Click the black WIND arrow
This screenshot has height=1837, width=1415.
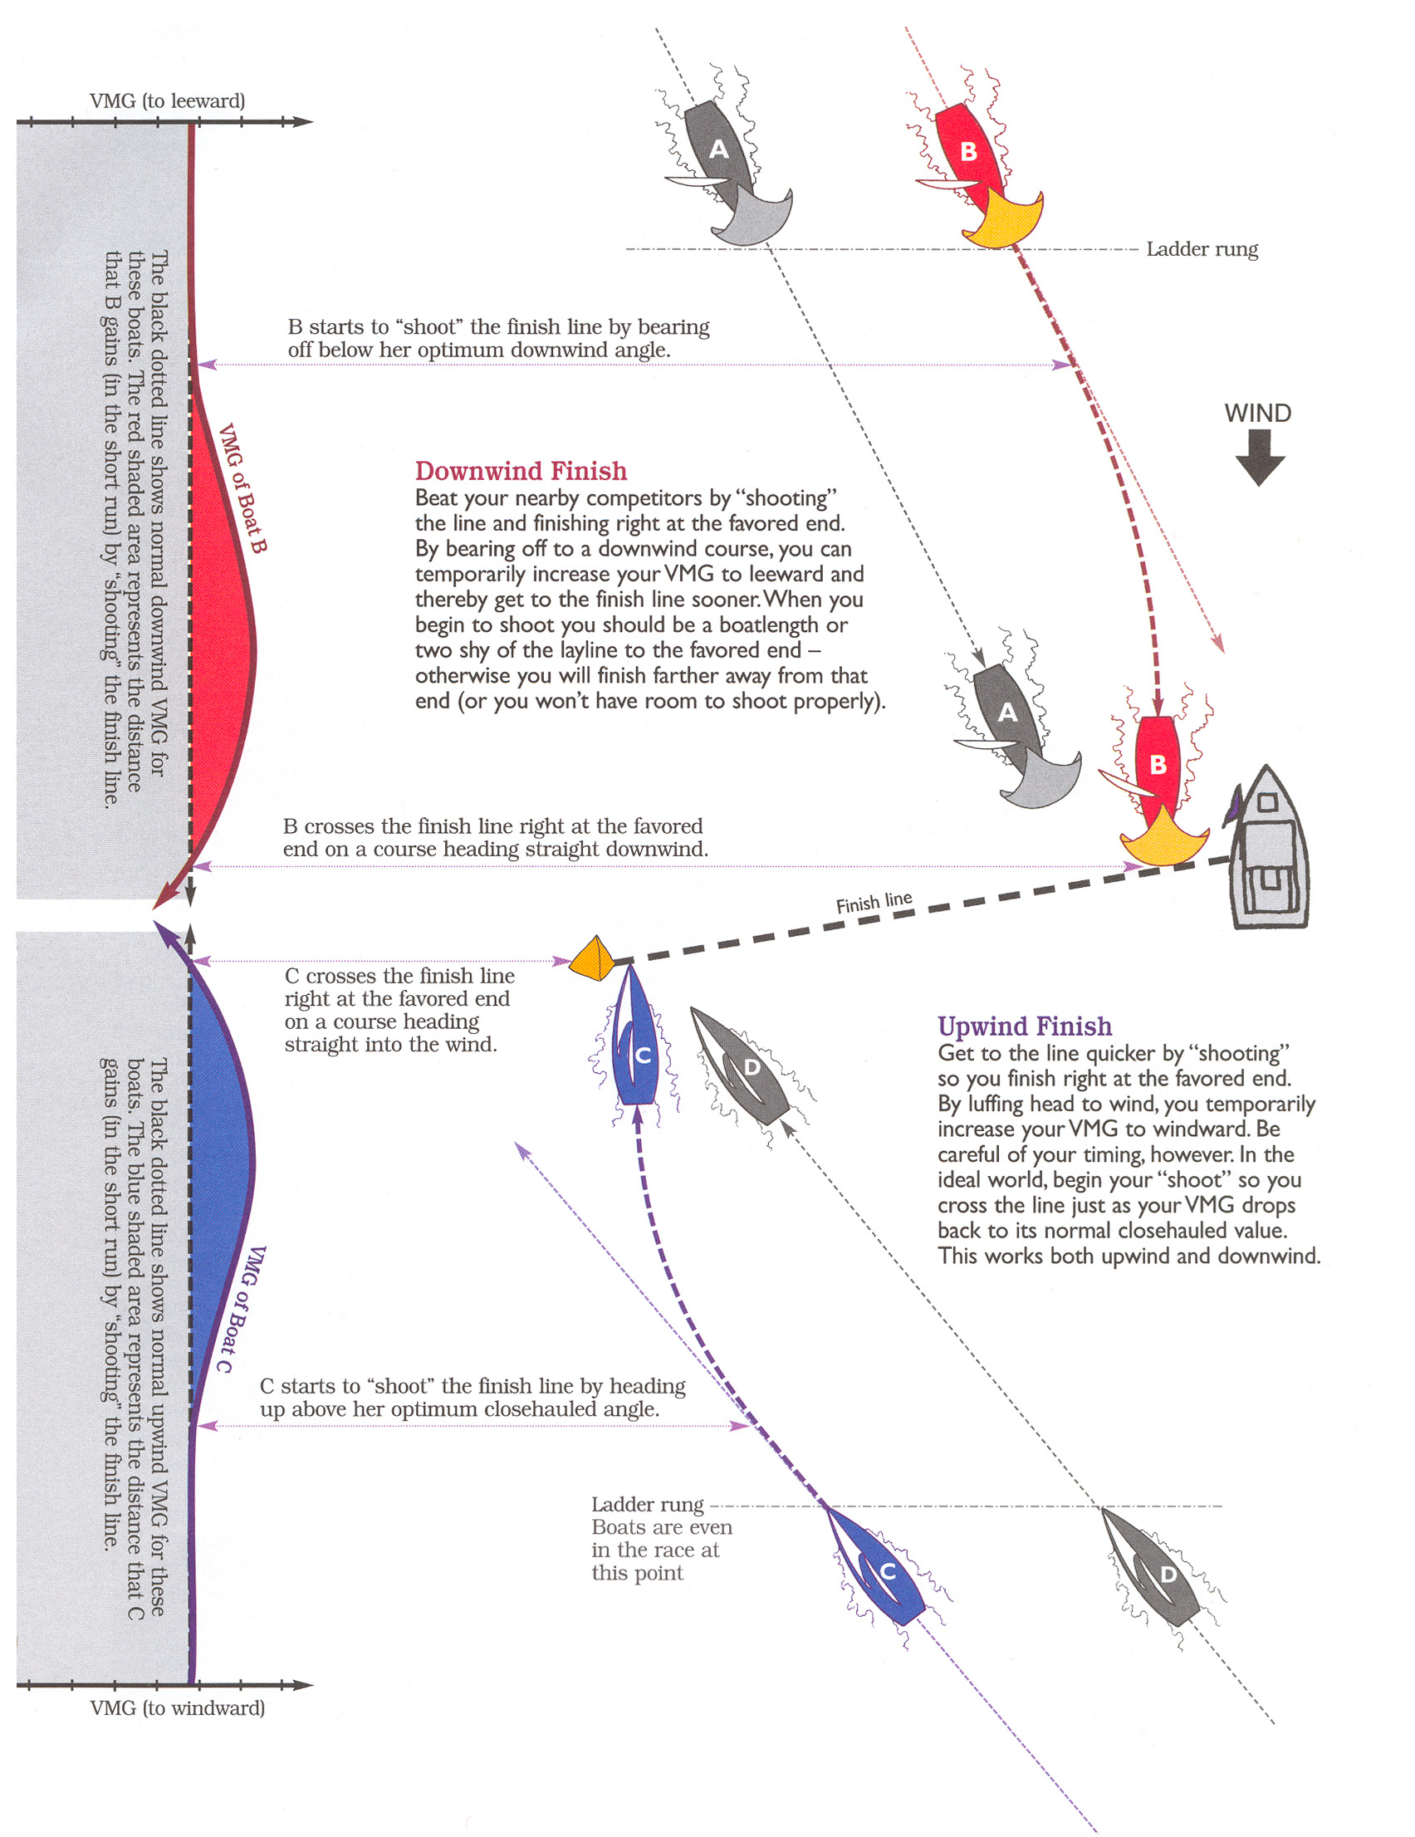[x=1260, y=458]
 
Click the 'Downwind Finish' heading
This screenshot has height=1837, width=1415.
[x=521, y=471]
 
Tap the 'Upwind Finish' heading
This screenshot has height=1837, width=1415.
[x=1024, y=1026]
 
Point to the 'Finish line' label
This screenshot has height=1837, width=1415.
[x=874, y=903]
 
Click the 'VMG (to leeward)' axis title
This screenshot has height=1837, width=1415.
[x=168, y=102]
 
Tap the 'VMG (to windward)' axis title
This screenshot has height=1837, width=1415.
[x=178, y=1708]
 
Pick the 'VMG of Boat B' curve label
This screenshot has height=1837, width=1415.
[x=242, y=487]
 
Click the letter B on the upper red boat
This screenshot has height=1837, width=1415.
[x=968, y=152]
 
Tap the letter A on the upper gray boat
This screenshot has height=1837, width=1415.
[x=718, y=149]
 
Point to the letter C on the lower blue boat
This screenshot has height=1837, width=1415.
[x=888, y=1571]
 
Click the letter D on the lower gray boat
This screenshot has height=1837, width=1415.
[x=1168, y=1575]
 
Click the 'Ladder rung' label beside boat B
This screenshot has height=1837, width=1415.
[x=1202, y=249]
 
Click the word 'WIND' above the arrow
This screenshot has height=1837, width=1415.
[x=1257, y=413]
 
